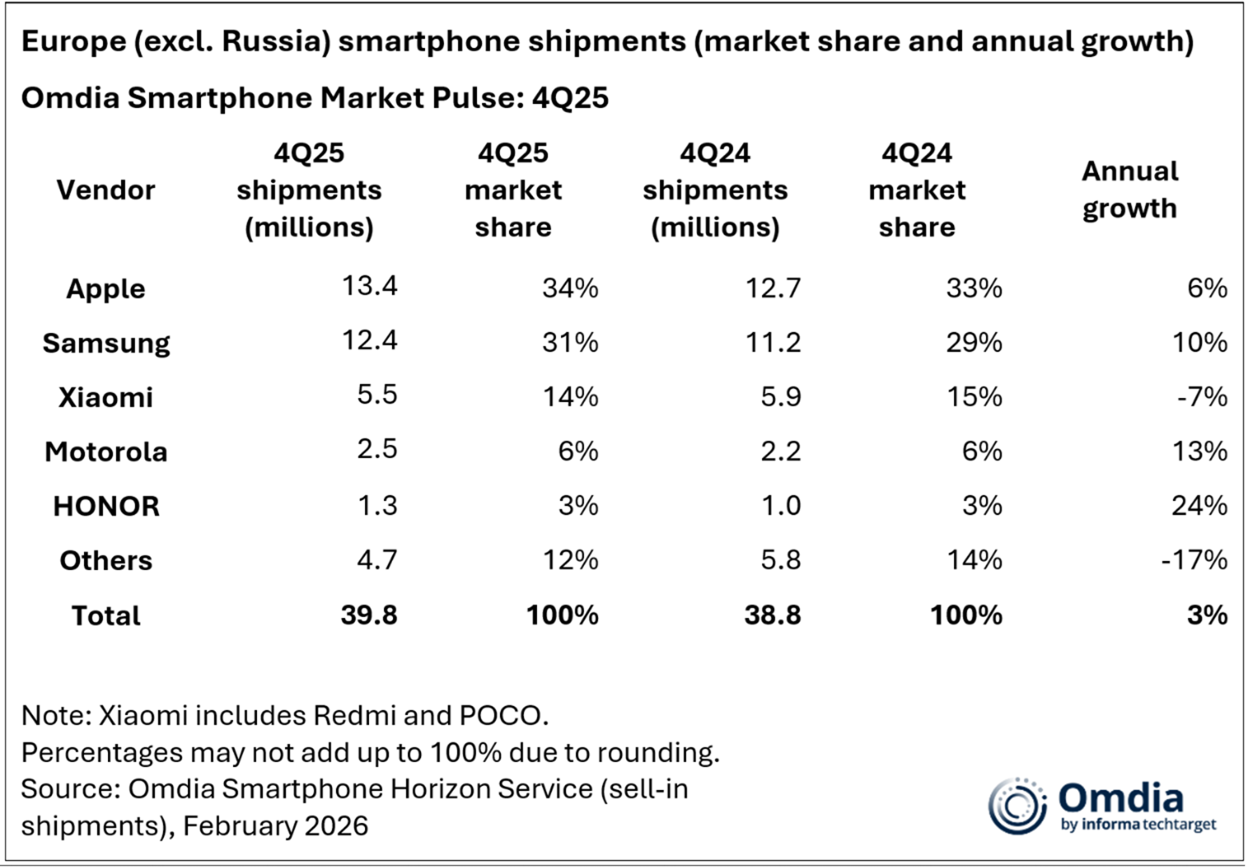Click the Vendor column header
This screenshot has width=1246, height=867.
point(106,191)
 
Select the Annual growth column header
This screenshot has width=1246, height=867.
point(1129,190)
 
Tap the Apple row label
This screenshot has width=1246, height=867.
point(106,288)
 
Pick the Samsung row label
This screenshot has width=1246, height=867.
point(106,343)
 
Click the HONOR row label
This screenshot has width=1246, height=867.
point(106,506)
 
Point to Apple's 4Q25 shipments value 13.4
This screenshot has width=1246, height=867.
point(369,286)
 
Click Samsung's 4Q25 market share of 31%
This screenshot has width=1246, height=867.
point(570,343)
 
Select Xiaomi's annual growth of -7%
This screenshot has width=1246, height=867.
point(1201,397)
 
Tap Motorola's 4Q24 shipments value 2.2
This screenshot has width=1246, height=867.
point(780,452)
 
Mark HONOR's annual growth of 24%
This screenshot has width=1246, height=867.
point(1199,506)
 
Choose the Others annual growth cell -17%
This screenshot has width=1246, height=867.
point(1194,560)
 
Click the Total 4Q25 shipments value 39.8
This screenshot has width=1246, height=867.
point(369,615)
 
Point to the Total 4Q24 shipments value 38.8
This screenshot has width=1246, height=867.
point(772,615)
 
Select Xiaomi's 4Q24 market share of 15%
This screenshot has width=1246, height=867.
point(974,397)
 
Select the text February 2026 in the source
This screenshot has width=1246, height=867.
point(275,825)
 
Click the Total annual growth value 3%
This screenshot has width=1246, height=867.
point(1208,615)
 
